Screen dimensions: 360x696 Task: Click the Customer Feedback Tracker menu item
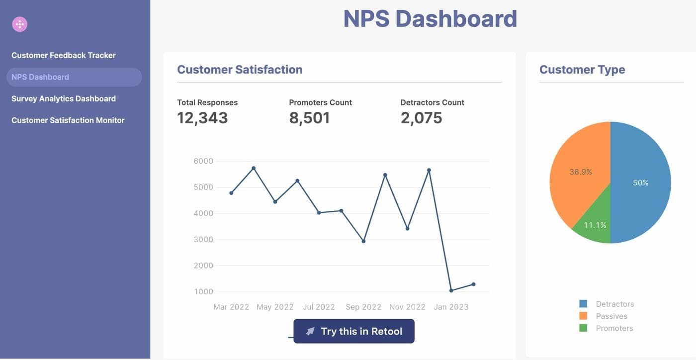pyautogui.click(x=64, y=55)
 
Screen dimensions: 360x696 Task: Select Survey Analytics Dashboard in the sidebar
pyautogui.click(x=64, y=98)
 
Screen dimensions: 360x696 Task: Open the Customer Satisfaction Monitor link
pyautogui.click(x=68, y=120)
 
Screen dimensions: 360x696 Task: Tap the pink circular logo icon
pyautogui.click(x=19, y=24)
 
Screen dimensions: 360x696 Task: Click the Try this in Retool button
pyautogui.click(x=354, y=331)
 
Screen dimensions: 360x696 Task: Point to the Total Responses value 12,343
pyautogui.click(x=202, y=118)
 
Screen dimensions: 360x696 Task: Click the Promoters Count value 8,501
pyautogui.click(x=309, y=118)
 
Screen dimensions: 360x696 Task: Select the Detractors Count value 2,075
pyautogui.click(x=421, y=118)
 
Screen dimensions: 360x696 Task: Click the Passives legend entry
pyautogui.click(x=611, y=316)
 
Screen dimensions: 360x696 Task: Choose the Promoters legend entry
pyautogui.click(x=614, y=328)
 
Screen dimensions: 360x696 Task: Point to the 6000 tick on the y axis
pyautogui.click(x=203, y=161)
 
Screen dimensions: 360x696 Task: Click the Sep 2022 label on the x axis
pyautogui.click(x=363, y=307)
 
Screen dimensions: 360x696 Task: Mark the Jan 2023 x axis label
pyautogui.click(x=451, y=307)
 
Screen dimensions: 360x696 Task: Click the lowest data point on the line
pyautogui.click(x=451, y=290)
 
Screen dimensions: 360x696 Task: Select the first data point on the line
pyautogui.click(x=231, y=193)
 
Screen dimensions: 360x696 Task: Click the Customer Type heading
pyautogui.click(x=582, y=70)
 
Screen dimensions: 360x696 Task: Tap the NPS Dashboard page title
pyautogui.click(x=430, y=19)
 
